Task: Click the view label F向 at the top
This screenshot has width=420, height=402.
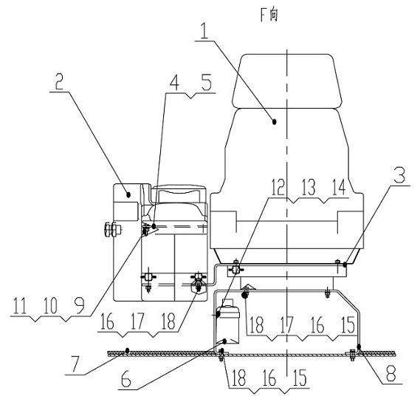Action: point(269,16)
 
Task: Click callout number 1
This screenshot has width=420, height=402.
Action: point(204,30)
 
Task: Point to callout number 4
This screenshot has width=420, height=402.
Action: point(174,82)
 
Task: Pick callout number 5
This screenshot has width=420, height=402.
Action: point(206,82)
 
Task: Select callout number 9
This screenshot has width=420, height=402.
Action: point(80,306)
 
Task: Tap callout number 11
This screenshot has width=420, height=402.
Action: point(20,306)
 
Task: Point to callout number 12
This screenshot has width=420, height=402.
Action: point(278,188)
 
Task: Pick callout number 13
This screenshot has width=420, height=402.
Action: point(309,188)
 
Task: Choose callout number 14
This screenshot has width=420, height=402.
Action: point(339,188)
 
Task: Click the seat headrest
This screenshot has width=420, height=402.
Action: point(287,81)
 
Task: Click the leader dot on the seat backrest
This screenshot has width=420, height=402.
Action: point(274,121)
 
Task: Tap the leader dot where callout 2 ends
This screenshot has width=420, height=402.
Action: point(128,194)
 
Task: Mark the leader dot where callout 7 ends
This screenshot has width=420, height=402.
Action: point(128,350)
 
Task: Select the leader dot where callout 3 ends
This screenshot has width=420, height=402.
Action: point(345,265)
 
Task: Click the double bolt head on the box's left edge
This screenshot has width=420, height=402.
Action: point(112,230)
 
